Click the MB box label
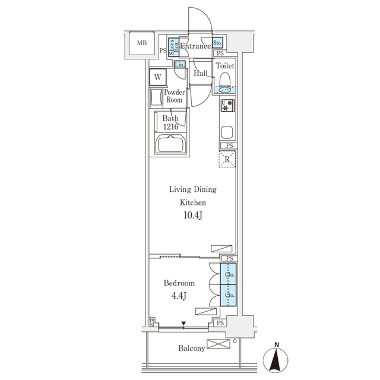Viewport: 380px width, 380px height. (x=141, y=43)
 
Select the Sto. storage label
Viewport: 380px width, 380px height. (x=217, y=43)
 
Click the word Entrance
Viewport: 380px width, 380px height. (x=195, y=46)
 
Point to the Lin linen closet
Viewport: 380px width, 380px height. (x=179, y=64)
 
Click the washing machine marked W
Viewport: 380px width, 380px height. (x=159, y=77)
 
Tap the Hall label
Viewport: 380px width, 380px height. (x=201, y=73)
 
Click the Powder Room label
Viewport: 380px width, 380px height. (x=174, y=96)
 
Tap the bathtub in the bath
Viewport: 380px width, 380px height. (x=171, y=144)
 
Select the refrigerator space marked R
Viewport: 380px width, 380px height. (x=228, y=159)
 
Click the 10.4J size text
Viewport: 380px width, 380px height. (x=193, y=216)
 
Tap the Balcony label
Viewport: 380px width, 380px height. (x=191, y=349)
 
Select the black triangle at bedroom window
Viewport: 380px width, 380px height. (x=183, y=324)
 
